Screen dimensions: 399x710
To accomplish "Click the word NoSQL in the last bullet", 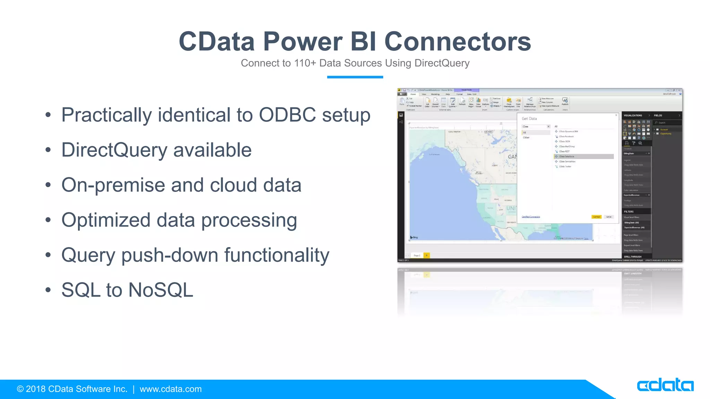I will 161,290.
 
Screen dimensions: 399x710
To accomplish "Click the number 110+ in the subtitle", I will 305,63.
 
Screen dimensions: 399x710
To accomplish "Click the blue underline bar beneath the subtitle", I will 355,77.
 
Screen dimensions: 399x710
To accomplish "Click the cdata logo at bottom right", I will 665,385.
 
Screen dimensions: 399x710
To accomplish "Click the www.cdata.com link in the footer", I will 170,389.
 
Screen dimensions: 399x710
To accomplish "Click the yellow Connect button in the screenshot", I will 596,217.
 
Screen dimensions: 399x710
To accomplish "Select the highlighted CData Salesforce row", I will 583,157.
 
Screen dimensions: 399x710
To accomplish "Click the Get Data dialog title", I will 529,118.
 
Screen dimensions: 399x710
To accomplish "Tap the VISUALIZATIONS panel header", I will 633,115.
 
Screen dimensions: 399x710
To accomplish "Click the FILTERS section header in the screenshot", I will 629,211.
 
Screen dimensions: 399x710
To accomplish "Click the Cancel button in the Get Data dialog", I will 609,217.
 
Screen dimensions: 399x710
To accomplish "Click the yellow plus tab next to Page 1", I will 427,255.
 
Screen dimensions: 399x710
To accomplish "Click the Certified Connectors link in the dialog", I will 531,217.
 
